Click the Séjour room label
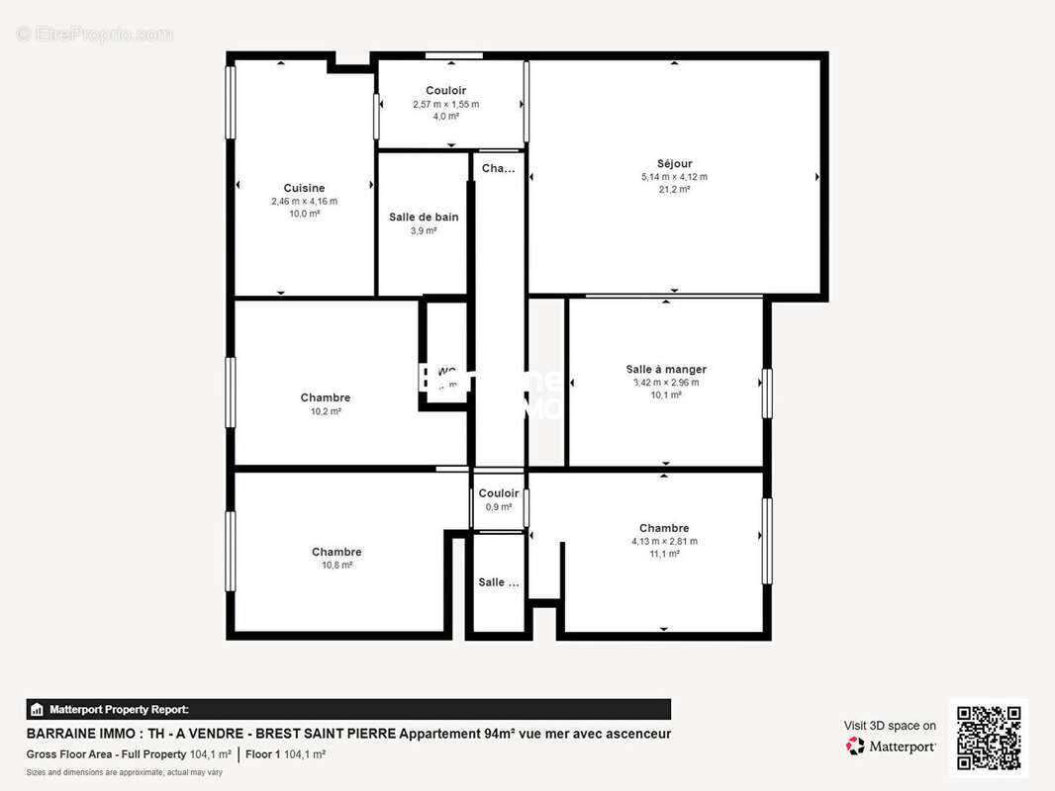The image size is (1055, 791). tap(674, 164)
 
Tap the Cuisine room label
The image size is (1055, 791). tap(304, 188)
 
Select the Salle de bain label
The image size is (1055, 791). tap(424, 218)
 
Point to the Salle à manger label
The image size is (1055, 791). tap(666, 369)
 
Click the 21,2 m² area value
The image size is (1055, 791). tap(674, 190)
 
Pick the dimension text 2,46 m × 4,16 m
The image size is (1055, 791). tap(304, 201)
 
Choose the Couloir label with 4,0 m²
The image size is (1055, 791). tap(445, 91)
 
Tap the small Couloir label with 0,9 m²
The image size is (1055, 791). tap(498, 493)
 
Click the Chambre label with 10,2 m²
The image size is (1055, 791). tap(326, 397)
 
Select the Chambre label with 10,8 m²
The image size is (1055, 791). tap(336, 552)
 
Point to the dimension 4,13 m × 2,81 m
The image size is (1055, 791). tap(664, 541)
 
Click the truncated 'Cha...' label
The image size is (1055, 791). tap(498, 169)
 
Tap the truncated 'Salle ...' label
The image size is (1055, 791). tap(498, 582)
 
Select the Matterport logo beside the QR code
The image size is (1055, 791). tap(891, 747)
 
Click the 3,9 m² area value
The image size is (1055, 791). tap(424, 231)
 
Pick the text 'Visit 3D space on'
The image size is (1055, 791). tap(889, 726)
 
